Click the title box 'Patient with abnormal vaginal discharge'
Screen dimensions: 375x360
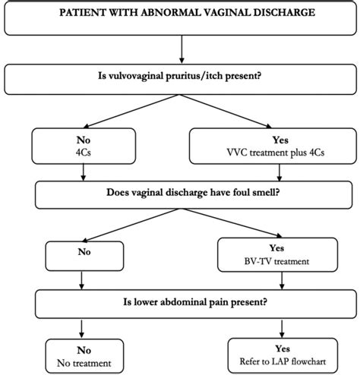[180, 19]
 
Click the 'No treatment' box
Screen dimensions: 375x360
[83, 355]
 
